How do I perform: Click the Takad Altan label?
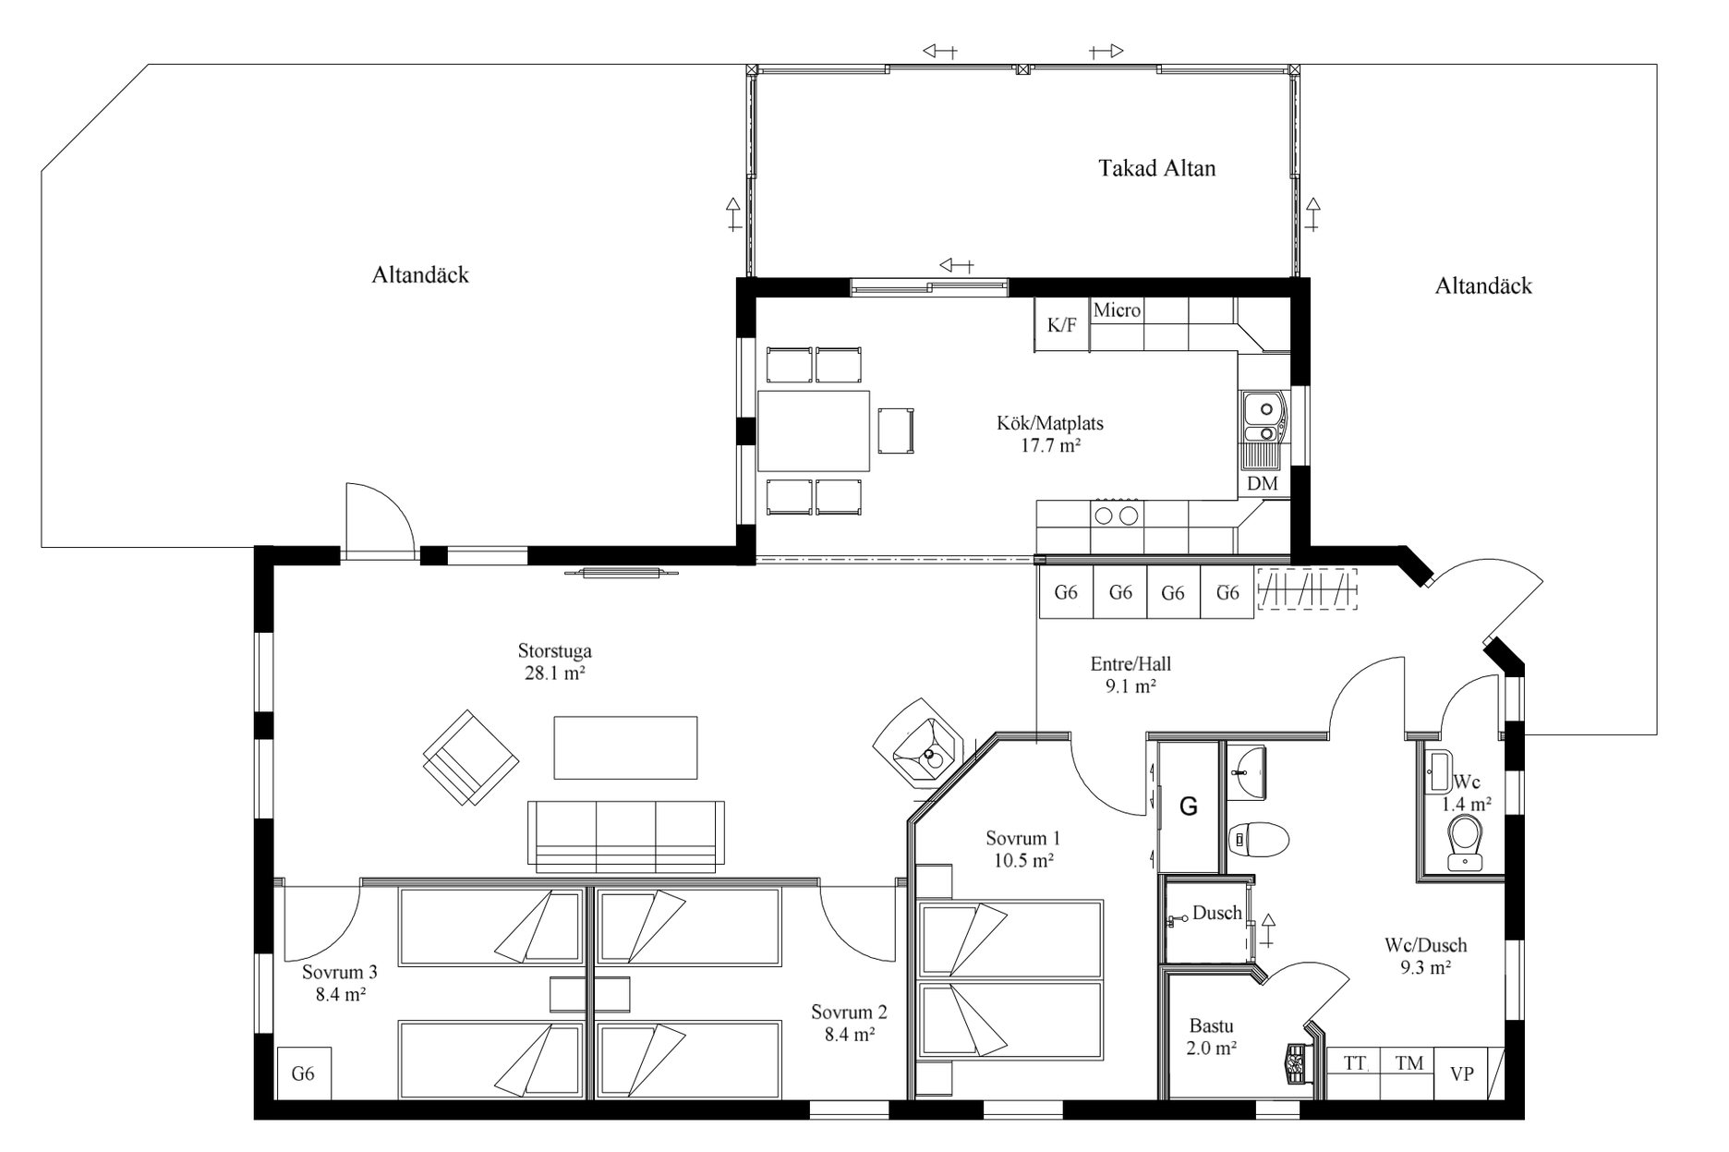[x=1156, y=168]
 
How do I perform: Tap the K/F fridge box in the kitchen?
[x=1061, y=324]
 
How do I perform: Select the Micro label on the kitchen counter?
[x=1117, y=310]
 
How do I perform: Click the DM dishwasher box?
[x=1262, y=483]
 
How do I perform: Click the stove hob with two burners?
[x=1117, y=515]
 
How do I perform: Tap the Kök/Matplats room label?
[x=1050, y=434]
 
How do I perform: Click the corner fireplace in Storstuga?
[x=922, y=746]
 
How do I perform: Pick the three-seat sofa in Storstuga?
[x=625, y=836]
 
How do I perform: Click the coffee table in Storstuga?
[x=625, y=747]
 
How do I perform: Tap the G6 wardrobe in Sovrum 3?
[x=303, y=1073]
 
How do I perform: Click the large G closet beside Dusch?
[x=1189, y=806]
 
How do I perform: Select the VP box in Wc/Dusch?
[x=1461, y=1073]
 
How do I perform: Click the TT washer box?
[x=1353, y=1063]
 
